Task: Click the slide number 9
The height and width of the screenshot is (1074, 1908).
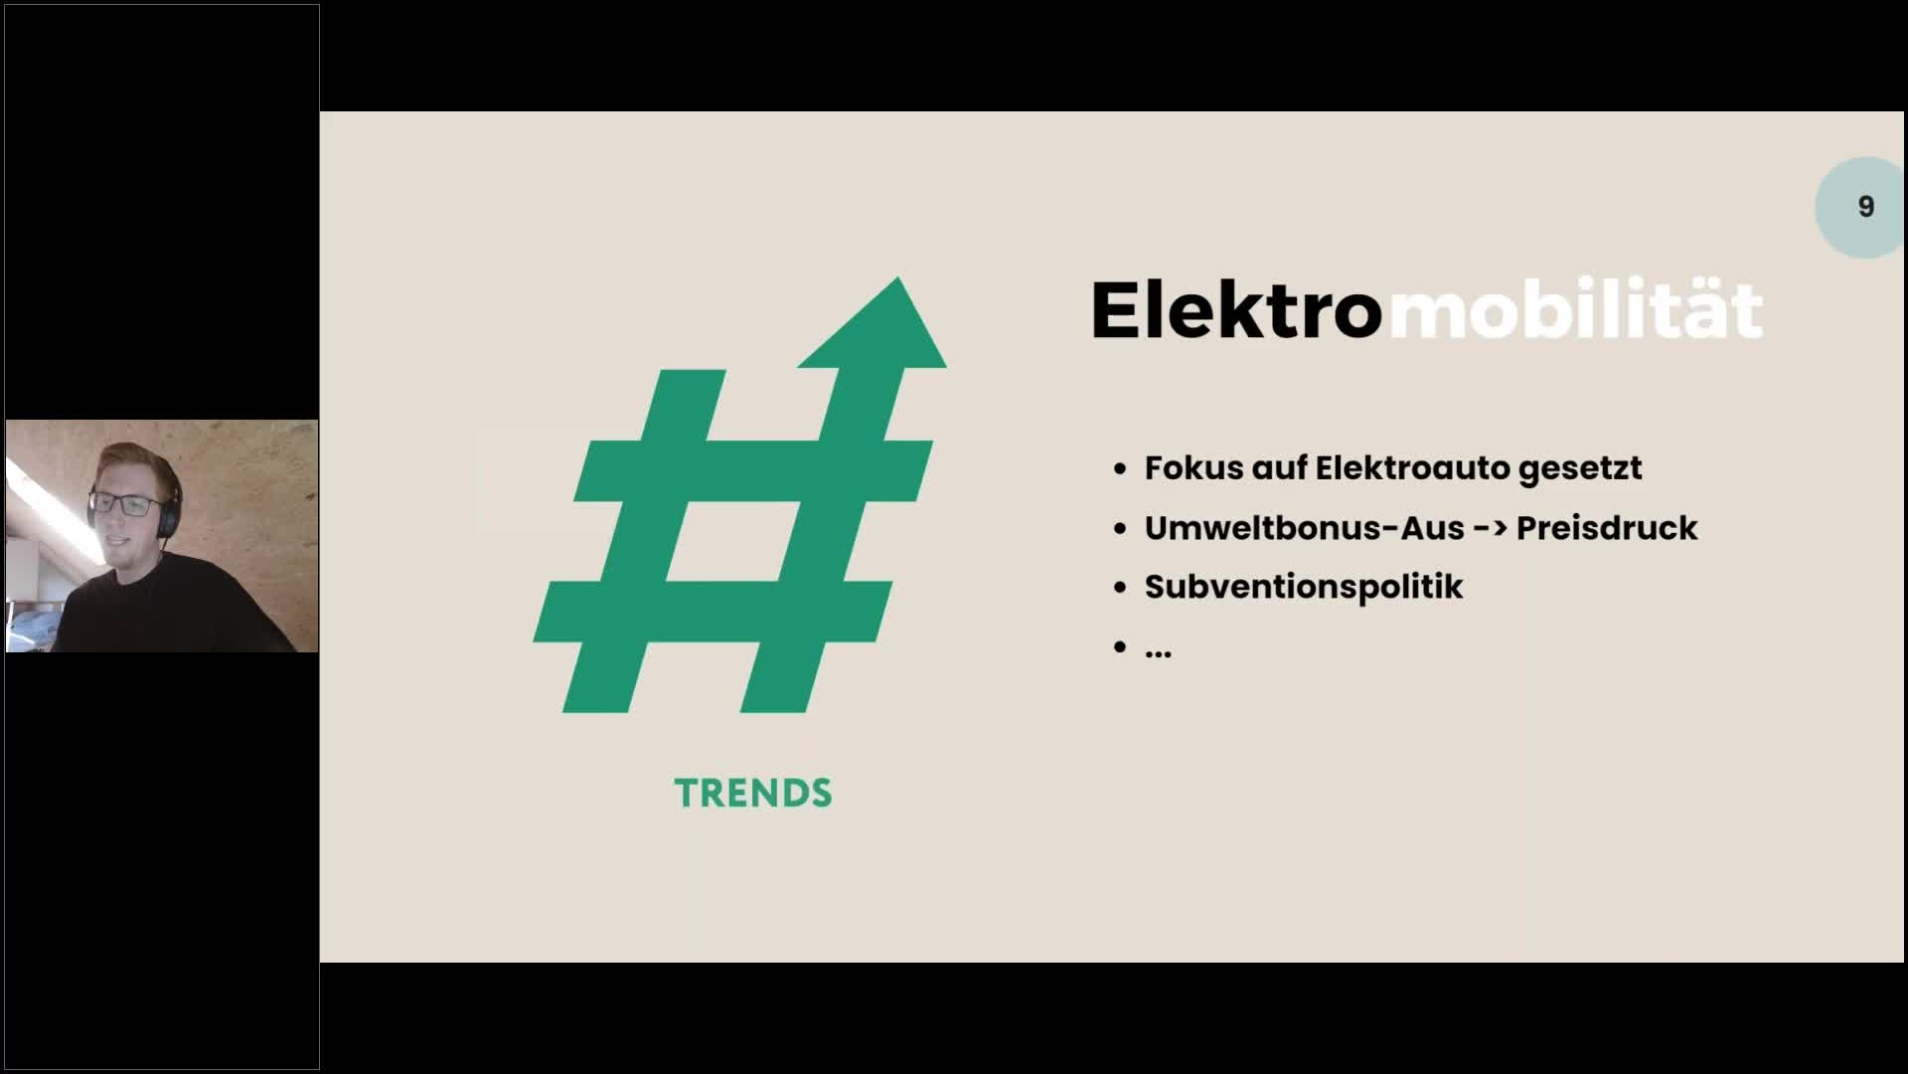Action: pos(1865,207)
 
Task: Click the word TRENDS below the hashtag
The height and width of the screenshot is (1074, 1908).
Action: pos(753,793)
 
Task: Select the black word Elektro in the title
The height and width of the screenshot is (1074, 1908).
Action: pos(1236,309)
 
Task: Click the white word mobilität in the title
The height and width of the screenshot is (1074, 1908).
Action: pos(1575,309)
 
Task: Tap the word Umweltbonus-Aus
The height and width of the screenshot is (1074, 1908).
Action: pos(1305,527)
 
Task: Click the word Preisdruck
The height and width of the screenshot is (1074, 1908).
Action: pos(1607,527)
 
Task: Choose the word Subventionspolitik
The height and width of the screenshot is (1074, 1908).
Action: pos(1304,587)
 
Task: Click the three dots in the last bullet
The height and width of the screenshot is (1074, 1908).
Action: pos(1158,653)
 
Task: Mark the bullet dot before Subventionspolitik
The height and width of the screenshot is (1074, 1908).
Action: pos(1121,588)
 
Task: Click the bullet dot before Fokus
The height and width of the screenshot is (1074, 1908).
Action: pos(1121,468)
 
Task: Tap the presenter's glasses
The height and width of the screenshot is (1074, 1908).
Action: pos(127,505)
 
